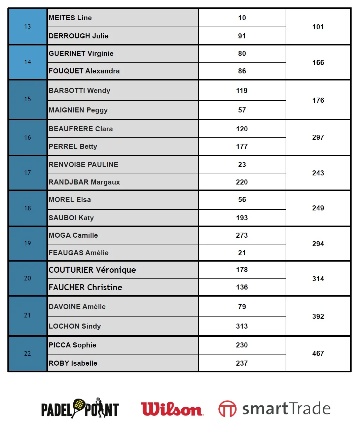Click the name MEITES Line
click(x=70, y=18)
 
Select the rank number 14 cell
click(x=28, y=62)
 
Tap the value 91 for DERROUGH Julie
click(x=242, y=36)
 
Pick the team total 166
click(x=318, y=63)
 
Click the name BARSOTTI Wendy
click(x=79, y=91)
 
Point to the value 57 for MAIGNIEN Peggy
click(x=242, y=110)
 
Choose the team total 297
click(x=318, y=137)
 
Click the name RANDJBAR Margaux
click(x=84, y=182)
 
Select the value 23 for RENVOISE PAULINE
click(x=242, y=165)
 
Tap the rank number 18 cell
click(x=28, y=208)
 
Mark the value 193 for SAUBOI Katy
click(x=242, y=218)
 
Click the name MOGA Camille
click(x=73, y=235)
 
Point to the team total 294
click(x=318, y=244)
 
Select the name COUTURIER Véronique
click(x=92, y=270)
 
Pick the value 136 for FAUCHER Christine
click(x=242, y=287)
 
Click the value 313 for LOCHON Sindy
click(x=242, y=326)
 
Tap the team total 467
click(x=318, y=354)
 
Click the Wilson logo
click(x=172, y=409)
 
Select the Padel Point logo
click(x=80, y=408)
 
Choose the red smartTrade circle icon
click(x=227, y=409)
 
